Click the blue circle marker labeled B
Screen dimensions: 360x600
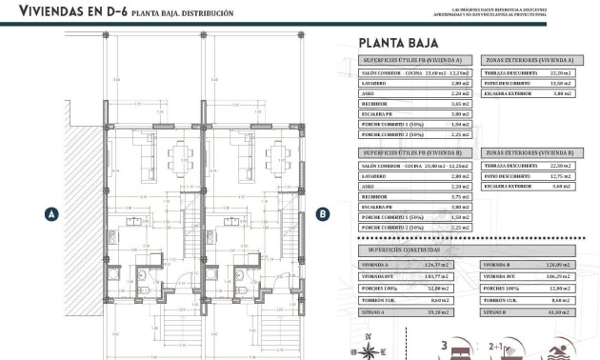click(x=323, y=214)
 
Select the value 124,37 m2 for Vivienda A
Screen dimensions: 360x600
click(x=444, y=265)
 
